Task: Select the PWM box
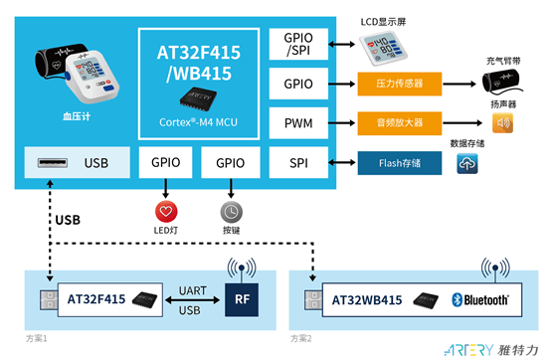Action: pyautogui.click(x=297, y=123)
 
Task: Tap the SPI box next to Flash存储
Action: pyautogui.click(x=297, y=162)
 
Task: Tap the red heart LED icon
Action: pyautogui.click(x=165, y=212)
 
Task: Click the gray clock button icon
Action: pyautogui.click(x=230, y=212)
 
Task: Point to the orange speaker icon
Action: pyautogui.click(x=503, y=123)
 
